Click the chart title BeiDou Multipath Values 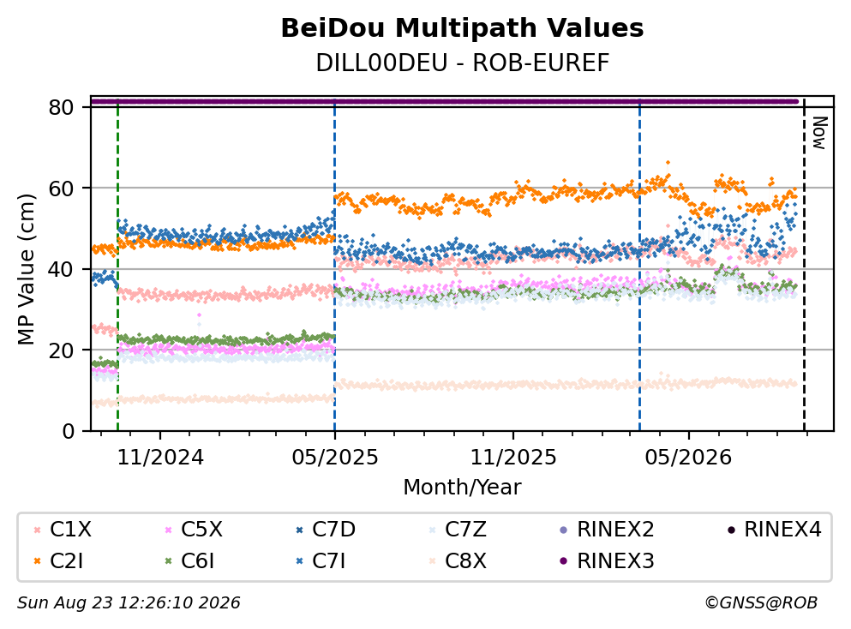point(462,28)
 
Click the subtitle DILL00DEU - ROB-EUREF point(463,63)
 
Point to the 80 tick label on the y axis point(61,107)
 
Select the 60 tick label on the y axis point(61,189)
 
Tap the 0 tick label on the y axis point(69,431)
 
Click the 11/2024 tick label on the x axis point(160,458)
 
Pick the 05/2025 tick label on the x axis point(335,458)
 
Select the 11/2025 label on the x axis point(512,458)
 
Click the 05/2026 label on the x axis point(688,458)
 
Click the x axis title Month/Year point(462,488)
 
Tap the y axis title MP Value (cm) point(26,269)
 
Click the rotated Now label point(819,133)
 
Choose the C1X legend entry point(63,529)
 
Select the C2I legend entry point(58,560)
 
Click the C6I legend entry point(189,560)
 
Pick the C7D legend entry point(326,529)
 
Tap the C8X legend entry point(457,560)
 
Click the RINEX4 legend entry point(774,529)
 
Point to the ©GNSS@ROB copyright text point(761,602)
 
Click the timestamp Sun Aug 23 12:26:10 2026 point(129,602)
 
